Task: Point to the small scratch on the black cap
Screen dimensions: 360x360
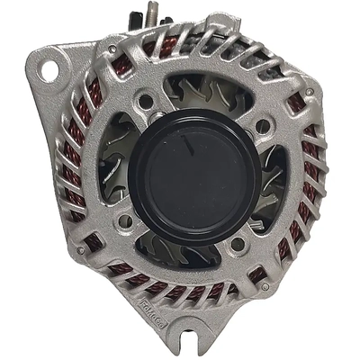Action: [185, 144]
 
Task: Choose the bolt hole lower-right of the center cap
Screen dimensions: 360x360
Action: [238, 243]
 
